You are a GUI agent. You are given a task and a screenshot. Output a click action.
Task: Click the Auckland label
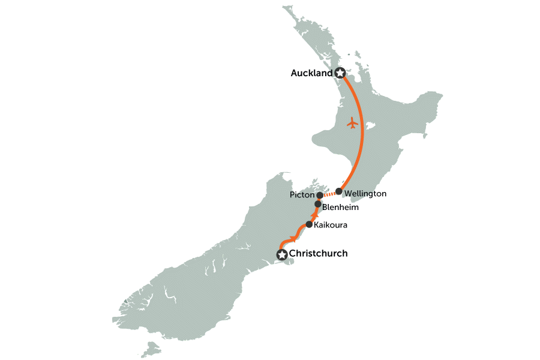click(311, 73)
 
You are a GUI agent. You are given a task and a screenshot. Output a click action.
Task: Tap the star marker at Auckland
click(341, 73)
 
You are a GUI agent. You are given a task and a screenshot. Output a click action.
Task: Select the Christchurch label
click(318, 254)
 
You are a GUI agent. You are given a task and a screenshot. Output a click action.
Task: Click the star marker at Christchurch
click(281, 254)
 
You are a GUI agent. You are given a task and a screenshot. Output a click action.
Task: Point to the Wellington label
click(365, 194)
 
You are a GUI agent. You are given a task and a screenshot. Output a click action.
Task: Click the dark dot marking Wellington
click(339, 192)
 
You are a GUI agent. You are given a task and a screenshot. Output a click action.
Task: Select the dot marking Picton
click(320, 196)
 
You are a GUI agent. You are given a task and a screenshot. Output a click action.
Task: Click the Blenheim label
click(340, 208)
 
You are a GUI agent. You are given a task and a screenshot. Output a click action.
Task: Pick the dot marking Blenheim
click(318, 204)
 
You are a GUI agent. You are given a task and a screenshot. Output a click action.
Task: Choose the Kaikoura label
click(331, 225)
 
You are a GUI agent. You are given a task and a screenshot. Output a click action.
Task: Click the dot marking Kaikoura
click(309, 224)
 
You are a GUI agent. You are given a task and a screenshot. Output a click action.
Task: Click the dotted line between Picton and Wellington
click(329, 194)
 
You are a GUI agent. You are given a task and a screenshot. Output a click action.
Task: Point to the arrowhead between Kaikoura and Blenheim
click(314, 214)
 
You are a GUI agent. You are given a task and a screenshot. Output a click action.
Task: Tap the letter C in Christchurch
click(293, 254)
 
